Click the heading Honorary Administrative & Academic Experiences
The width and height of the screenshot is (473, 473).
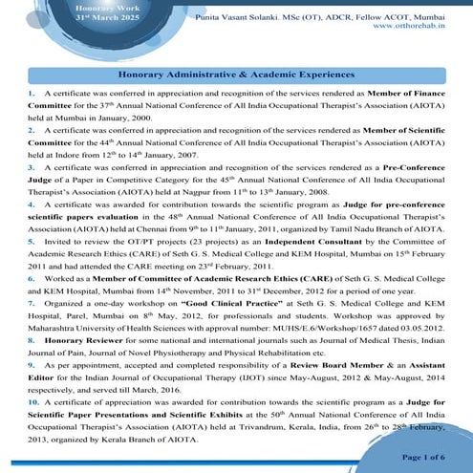[236, 73]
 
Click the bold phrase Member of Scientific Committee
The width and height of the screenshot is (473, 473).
[412, 128]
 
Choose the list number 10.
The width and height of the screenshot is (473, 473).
[33, 404]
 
